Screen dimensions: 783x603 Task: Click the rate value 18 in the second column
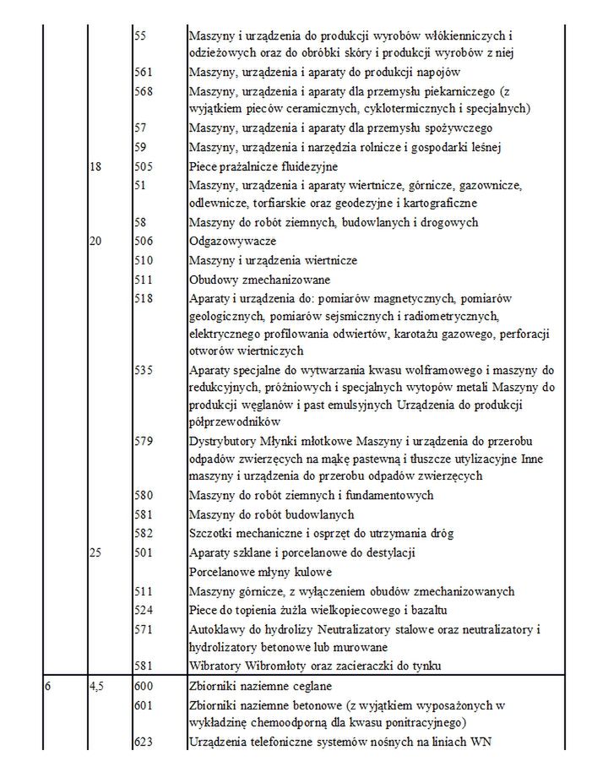pos(95,167)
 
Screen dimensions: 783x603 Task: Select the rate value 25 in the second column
pos(95,552)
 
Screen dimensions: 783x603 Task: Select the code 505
pos(144,167)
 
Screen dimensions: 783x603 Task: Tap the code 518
pos(144,298)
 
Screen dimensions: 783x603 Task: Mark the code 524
pos(144,609)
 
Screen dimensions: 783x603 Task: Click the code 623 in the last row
pos(144,742)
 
